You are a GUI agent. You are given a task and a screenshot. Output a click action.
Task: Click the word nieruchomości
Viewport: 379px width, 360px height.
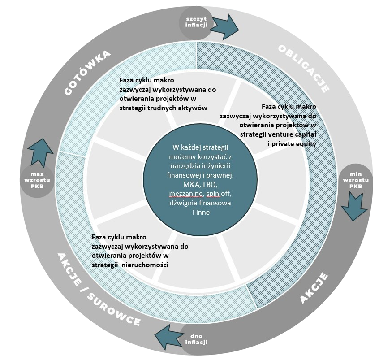pos(146,265)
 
